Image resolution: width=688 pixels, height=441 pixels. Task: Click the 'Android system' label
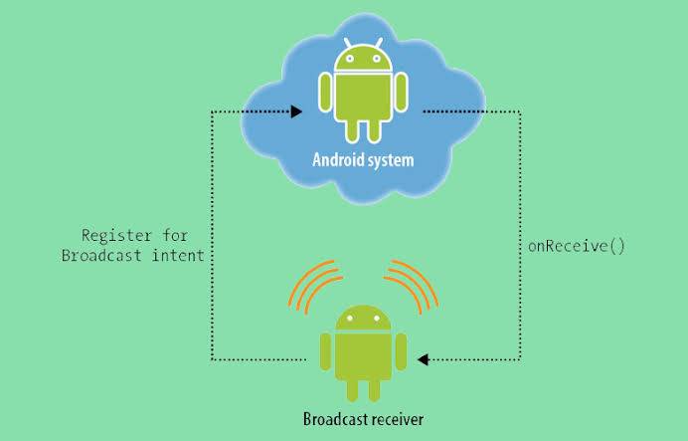(363, 158)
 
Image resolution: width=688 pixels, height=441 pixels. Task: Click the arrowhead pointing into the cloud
(296, 111)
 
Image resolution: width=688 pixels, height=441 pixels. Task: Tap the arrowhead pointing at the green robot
(423, 358)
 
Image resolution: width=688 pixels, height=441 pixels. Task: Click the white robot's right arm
(400, 93)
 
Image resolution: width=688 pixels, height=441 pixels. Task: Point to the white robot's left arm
(324, 93)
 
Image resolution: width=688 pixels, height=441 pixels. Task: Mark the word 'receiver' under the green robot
(395, 419)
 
